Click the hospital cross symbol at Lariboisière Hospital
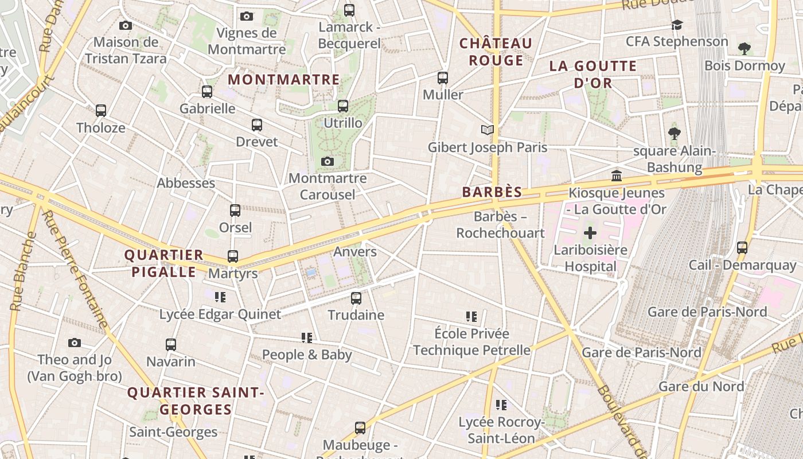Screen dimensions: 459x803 click(590, 233)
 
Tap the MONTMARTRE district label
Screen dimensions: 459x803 click(284, 80)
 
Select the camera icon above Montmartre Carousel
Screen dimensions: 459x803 click(328, 162)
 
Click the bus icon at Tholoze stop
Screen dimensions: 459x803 click(101, 111)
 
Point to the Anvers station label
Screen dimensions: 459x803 click(355, 251)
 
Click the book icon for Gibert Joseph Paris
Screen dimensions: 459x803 click(488, 130)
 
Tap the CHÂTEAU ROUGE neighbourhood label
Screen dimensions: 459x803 click(496, 52)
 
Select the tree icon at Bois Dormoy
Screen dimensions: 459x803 click(744, 49)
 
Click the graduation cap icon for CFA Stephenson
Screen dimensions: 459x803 click(677, 25)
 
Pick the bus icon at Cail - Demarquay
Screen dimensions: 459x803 click(742, 248)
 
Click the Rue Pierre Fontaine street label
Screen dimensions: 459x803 click(75, 270)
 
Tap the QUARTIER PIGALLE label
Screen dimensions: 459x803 click(164, 263)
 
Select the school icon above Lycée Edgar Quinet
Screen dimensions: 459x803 click(220, 297)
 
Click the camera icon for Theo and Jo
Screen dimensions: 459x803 click(75, 343)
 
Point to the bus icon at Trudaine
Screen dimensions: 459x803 click(356, 298)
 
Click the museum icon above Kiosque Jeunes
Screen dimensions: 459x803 click(617, 176)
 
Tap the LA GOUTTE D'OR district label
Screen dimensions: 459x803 click(593, 74)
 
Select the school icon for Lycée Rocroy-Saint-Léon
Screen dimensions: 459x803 click(501, 405)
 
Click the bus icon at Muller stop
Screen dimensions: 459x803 click(443, 78)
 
